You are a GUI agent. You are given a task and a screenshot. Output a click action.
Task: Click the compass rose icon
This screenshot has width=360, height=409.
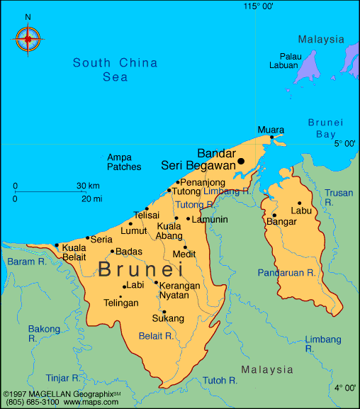(x=28, y=38)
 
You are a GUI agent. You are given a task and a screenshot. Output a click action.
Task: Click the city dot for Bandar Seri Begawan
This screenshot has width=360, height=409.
(x=241, y=161)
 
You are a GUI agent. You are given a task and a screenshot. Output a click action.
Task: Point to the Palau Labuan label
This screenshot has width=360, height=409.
(x=283, y=60)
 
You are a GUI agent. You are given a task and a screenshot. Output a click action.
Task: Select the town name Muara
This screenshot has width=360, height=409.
(x=271, y=130)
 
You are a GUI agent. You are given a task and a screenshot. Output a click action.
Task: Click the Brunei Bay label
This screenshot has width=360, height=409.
(x=325, y=128)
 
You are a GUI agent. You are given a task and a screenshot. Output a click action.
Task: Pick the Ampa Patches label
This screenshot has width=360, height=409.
(x=124, y=162)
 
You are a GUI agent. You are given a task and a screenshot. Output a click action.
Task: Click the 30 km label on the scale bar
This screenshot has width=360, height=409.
(x=89, y=186)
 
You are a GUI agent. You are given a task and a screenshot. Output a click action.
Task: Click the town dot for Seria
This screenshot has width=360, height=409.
(x=88, y=238)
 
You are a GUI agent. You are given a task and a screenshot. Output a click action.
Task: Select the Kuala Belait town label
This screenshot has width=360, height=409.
(x=74, y=252)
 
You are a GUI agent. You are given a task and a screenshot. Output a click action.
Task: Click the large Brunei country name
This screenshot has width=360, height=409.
(x=140, y=269)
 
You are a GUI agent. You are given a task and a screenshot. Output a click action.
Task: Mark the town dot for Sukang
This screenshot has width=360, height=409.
(x=164, y=311)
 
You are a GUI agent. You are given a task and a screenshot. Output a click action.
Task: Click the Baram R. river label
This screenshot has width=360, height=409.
(x=23, y=262)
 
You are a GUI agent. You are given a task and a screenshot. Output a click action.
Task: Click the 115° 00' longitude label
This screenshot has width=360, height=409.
(x=259, y=6)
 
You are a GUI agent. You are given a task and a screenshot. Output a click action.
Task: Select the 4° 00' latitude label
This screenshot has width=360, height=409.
(x=345, y=388)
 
